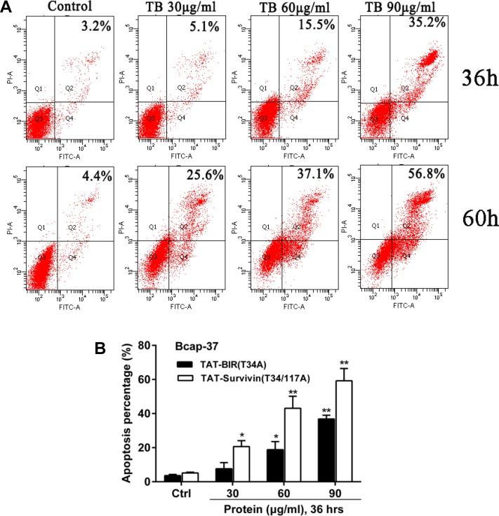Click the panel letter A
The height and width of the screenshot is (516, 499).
click(x=6, y=6)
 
